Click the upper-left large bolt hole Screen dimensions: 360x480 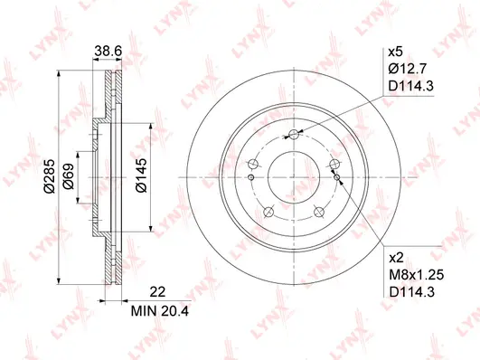pos(255,165)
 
